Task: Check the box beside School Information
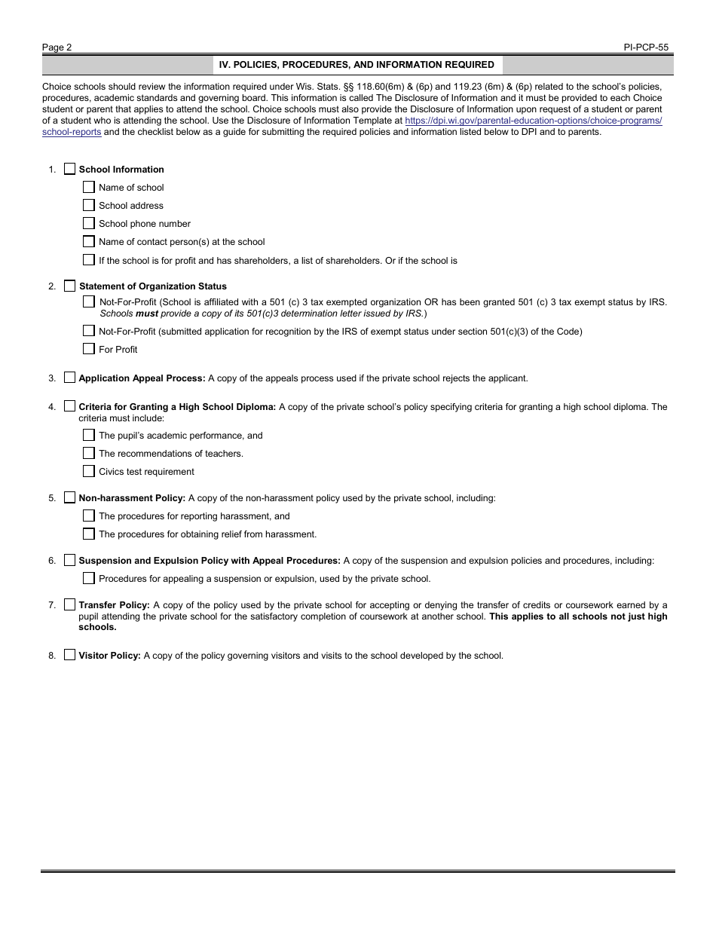(70, 169)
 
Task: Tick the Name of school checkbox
(89, 187)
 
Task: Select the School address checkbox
(89, 205)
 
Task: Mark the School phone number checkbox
(89, 223)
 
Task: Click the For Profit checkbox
(89, 349)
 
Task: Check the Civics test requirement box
(89, 471)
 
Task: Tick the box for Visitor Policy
(70, 655)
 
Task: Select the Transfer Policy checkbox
(70, 604)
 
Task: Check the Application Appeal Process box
(70, 378)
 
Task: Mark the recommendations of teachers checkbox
(89, 453)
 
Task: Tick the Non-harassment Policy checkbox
(70, 497)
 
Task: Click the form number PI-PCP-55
(646, 47)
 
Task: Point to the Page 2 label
(57, 47)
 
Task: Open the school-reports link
(72, 133)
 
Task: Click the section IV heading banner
(356, 65)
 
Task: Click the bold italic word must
(146, 314)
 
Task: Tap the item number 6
(52, 561)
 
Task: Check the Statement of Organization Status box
(70, 286)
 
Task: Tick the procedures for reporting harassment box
(89, 516)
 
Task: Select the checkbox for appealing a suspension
(89, 578)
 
